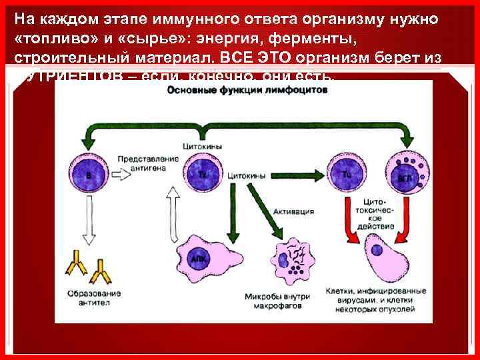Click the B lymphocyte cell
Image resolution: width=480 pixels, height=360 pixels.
(x=89, y=174)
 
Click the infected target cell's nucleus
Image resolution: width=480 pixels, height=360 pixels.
(x=377, y=251)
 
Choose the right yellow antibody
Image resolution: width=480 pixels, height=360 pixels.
(x=103, y=269)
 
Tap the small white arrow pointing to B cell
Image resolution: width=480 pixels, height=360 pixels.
(x=126, y=175)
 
